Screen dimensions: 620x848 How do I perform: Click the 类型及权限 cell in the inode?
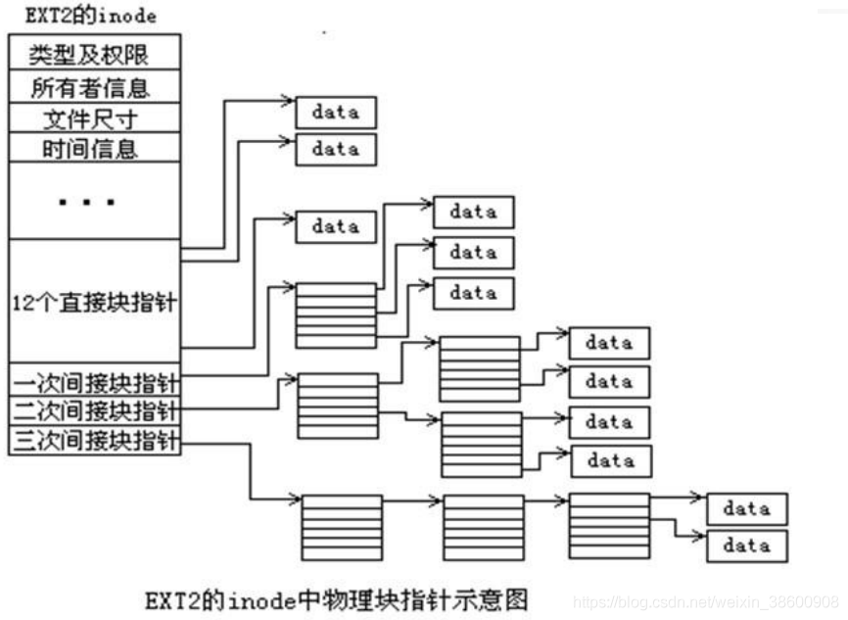click(x=94, y=52)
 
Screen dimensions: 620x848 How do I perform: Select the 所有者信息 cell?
click(x=94, y=88)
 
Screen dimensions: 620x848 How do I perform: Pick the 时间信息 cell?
click(x=94, y=149)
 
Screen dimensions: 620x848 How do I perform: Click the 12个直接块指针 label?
click(x=94, y=302)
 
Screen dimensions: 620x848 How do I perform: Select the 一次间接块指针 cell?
click(x=94, y=380)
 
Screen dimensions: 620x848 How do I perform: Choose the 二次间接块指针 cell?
click(x=94, y=410)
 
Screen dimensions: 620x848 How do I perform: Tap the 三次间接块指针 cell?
click(x=94, y=441)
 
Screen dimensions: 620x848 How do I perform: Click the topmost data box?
click(x=336, y=113)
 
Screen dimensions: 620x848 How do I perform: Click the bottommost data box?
click(x=746, y=546)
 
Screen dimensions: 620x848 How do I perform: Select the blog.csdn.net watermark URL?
click(x=705, y=600)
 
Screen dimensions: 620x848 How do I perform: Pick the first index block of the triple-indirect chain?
click(x=342, y=526)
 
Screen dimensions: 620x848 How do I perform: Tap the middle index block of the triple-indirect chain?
click(x=484, y=526)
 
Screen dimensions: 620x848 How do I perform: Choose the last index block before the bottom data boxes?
click(x=609, y=526)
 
